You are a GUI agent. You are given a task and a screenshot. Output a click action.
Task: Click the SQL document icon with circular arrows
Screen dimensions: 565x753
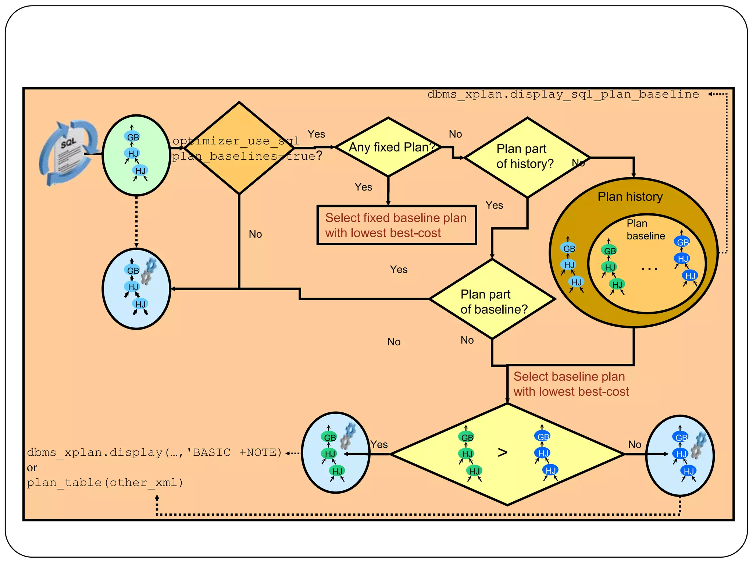tap(68, 153)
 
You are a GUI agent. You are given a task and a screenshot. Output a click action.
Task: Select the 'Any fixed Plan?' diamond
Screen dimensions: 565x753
tap(388, 147)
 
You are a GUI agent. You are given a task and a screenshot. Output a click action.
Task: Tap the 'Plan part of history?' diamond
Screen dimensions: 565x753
tap(527, 157)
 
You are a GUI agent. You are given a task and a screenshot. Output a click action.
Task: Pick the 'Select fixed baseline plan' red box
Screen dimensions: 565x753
tap(396, 225)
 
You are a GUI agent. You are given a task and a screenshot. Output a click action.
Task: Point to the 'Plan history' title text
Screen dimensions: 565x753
tap(630, 196)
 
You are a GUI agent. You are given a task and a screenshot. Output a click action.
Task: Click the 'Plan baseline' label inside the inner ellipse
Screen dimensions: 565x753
tap(645, 230)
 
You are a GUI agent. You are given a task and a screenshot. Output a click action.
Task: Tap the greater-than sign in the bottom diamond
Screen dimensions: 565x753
tap(502, 452)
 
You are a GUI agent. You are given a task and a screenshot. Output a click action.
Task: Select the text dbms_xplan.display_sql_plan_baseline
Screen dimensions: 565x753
tap(563, 95)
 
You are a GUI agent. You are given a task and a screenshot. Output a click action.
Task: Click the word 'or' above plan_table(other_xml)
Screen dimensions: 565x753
tap(32, 468)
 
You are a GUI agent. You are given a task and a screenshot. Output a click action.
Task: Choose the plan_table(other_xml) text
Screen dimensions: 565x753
tap(105, 483)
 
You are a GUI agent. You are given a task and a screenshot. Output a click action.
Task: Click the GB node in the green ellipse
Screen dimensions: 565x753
tap(132, 137)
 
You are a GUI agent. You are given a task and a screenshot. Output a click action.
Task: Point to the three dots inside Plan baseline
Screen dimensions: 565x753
tap(649, 269)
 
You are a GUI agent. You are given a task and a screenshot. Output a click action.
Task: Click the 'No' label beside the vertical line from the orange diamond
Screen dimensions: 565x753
tap(255, 234)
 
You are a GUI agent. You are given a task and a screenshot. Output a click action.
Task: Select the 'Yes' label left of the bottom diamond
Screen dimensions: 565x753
tap(379, 444)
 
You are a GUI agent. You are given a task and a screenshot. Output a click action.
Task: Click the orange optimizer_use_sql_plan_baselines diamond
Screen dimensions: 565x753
tap(239, 148)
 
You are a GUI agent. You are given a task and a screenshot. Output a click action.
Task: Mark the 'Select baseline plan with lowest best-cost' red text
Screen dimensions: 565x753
tap(571, 384)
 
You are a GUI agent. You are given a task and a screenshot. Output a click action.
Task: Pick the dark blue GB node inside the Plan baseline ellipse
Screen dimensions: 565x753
tap(682, 242)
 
